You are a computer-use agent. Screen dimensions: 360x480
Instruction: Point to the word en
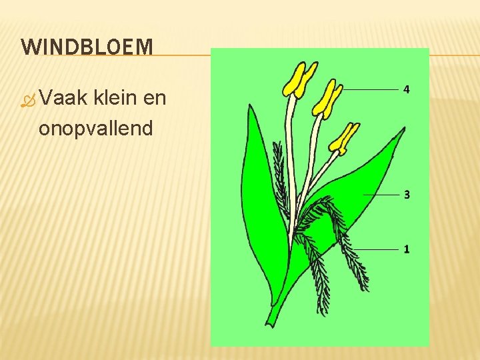pyautogui.click(x=155, y=99)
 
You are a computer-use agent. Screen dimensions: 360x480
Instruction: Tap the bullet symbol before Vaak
pyautogui.click(x=27, y=101)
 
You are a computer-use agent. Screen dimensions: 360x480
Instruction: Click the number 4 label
pyautogui.click(x=406, y=89)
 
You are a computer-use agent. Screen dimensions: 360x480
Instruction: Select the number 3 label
pyautogui.click(x=406, y=195)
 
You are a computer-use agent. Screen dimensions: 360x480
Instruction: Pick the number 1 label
pyautogui.click(x=406, y=249)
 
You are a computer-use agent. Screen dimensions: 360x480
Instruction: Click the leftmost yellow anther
pyautogui.click(x=299, y=80)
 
